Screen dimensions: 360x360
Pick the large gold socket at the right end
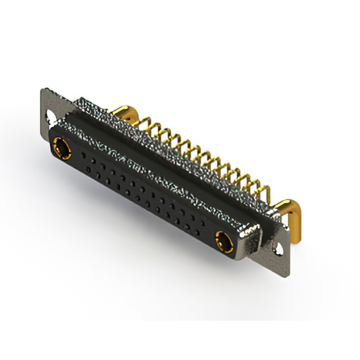point(220,241)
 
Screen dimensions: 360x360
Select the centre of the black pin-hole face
point(141,194)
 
